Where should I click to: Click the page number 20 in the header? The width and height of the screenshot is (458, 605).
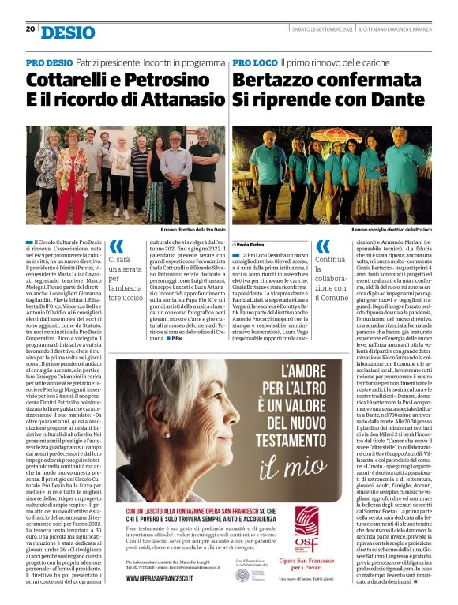click(x=30, y=29)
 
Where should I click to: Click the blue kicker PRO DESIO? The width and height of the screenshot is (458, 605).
click(x=49, y=62)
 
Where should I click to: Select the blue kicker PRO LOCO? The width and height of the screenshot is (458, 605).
click(x=254, y=62)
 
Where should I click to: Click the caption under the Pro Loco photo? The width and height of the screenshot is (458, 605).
click(x=395, y=230)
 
